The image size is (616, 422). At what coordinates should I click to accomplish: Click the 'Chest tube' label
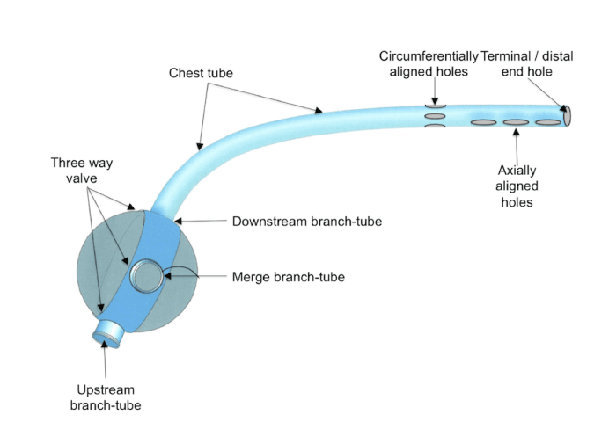201,73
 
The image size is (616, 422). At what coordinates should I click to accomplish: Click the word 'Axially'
517,170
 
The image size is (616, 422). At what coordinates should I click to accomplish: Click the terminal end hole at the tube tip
568,114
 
